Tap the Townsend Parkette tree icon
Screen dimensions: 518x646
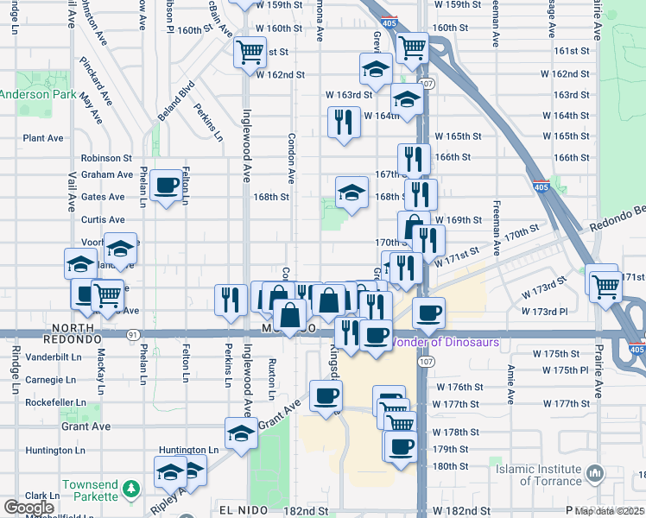[130, 489]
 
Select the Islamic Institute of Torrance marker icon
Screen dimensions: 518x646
[594, 473]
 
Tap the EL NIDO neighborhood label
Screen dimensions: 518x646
[239, 511]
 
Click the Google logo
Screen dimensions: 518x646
[28, 508]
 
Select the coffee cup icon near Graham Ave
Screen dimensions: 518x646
[165, 184]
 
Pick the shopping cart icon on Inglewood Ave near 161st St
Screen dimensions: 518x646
[250, 51]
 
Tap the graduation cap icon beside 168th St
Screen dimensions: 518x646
[351, 192]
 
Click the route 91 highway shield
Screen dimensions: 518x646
[130, 334]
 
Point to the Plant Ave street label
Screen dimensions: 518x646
[43, 137]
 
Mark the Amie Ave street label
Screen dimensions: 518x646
[511, 384]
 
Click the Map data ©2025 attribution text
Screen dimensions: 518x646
[609, 511]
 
